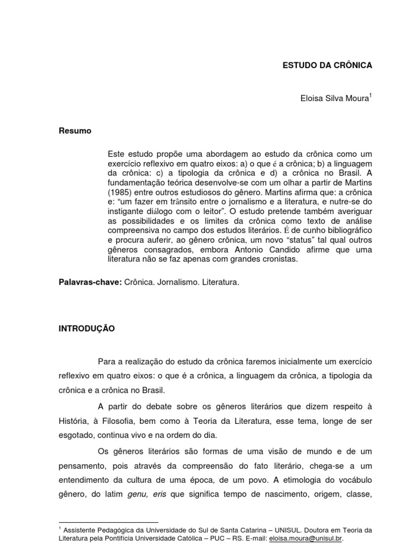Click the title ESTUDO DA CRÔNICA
[x=326, y=65]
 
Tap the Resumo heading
[x=75, y=131]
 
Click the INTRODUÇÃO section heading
[x=87, y=329]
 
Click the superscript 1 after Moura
[x=370, y=96]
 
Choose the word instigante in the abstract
[x=126, y=211]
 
